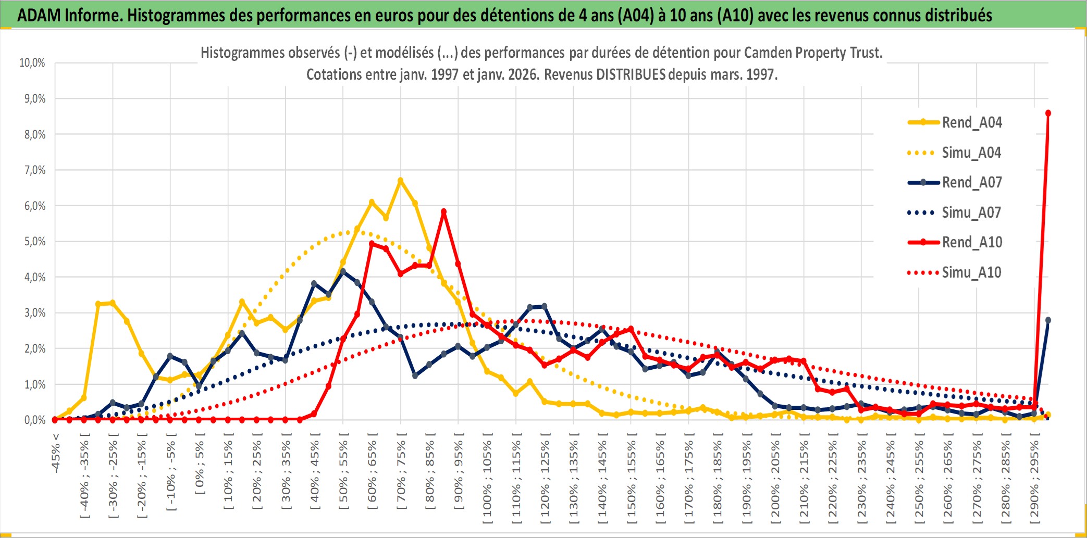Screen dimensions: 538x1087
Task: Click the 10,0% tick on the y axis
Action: (32, 63)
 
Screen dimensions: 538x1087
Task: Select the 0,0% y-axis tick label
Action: (35, 420)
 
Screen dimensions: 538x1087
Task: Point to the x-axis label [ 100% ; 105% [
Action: (487, 480)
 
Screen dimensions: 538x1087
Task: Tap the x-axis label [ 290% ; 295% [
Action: (1034, 480)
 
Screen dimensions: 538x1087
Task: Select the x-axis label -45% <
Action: (56, 453)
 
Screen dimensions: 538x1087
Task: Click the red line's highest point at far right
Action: (1048, 113)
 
